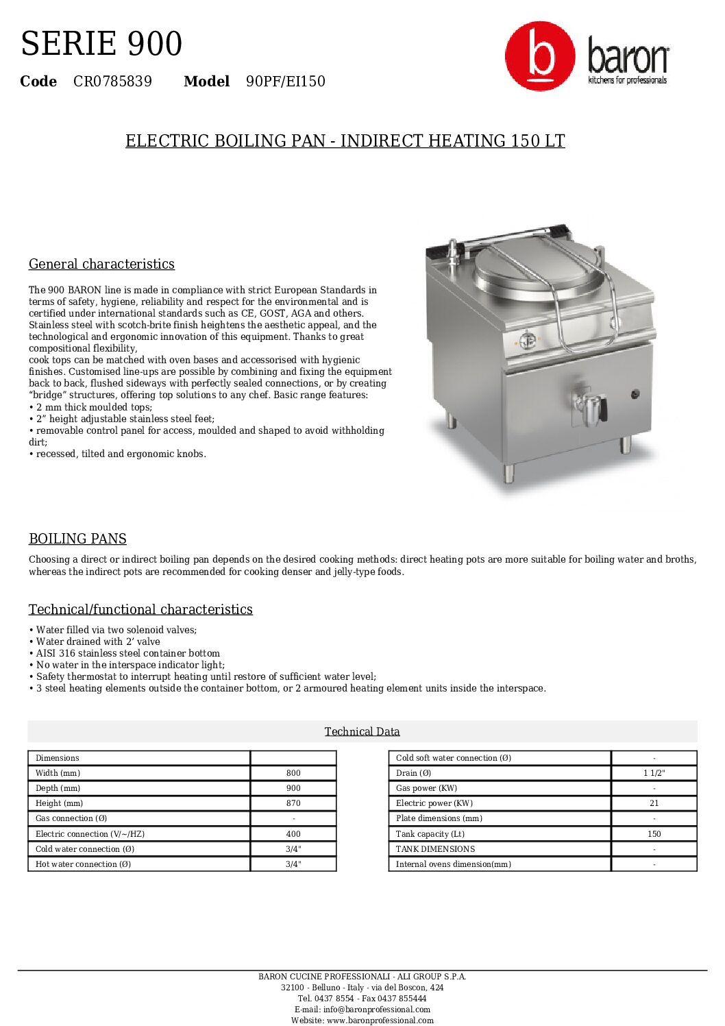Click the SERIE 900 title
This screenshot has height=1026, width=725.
(101, 43)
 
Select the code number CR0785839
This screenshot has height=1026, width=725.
(112, 82)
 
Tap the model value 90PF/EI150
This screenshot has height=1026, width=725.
(286, 82)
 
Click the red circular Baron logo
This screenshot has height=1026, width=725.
(540, 56)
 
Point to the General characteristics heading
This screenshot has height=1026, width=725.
(101, 264)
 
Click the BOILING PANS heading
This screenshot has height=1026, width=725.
(77, 539)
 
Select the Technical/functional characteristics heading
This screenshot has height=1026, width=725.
(140, 609)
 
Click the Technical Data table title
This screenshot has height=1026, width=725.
(362, 731)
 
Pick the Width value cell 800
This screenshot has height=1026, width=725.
(293, 773)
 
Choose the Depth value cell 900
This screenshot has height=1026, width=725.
(293, 788)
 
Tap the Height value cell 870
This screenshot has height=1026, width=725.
(293, 803)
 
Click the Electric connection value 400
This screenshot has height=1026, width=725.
(293, 834)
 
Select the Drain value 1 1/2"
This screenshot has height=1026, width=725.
(654, 773)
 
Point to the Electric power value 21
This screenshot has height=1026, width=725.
(654, 803)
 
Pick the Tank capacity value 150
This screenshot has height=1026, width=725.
(654, 834)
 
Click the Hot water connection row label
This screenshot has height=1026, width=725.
(83, 864)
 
